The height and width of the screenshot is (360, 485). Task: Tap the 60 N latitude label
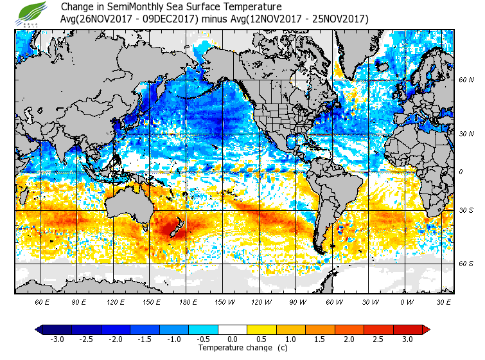[466, 80]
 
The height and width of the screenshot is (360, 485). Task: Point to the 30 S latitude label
[466, 210]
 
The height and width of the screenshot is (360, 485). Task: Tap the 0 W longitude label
[406, 301]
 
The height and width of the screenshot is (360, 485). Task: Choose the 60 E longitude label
[42, 301]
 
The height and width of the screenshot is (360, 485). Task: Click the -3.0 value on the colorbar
[57, 339]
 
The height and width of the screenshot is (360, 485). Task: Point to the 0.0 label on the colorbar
[232, 339]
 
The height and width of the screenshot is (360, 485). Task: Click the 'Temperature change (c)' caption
[233, 348]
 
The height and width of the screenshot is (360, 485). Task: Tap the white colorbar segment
[232, 329]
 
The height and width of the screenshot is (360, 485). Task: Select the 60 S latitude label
[466, 264]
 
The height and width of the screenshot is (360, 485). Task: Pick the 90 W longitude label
[297, 301]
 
